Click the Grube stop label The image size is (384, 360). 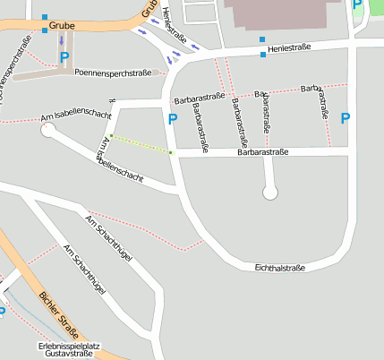click(63, 26)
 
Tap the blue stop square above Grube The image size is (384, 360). click(45, 16)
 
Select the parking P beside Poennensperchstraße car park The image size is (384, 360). click(64, 57)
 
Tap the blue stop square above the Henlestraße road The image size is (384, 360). click(262, 40)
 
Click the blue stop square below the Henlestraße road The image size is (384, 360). click(263, 55)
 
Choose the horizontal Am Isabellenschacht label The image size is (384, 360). click(76, 116)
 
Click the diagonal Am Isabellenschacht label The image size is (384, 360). click(123, 159)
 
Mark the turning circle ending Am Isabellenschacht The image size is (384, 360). click(49, 131)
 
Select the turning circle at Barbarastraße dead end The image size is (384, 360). click(270, 192)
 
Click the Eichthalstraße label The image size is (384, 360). click(280, 268)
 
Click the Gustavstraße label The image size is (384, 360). click(69, 354)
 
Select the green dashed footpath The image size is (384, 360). click(140, 144)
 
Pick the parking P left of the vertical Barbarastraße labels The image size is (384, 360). click(173, 118)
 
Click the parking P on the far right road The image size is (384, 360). click(346, 117)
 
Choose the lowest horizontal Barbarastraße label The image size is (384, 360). click(262, 153)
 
